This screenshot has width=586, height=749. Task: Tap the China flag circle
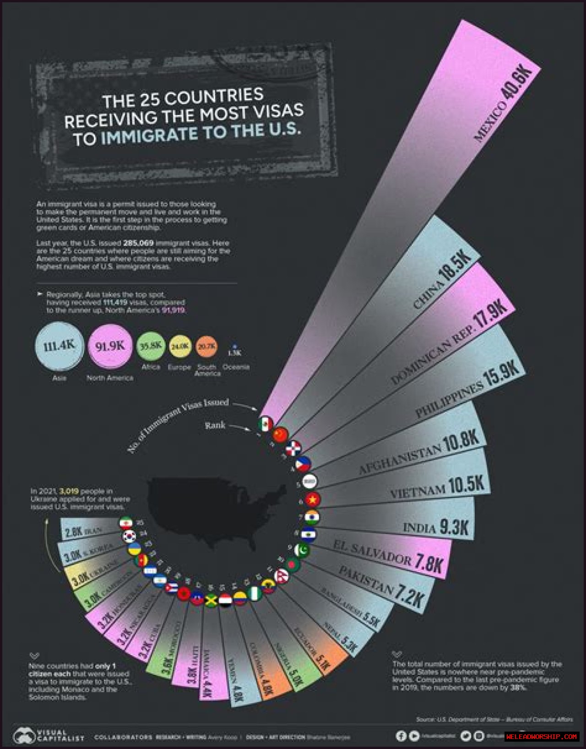coord(280,434)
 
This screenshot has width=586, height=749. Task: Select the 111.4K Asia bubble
coord(59,346)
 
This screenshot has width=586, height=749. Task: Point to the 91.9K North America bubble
coord(110,346)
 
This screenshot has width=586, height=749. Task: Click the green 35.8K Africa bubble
coord(151,346)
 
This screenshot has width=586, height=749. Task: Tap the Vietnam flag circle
coord(312,499)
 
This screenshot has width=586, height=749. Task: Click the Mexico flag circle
coord(265,424)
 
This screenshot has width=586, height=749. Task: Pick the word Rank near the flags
coord(215,425)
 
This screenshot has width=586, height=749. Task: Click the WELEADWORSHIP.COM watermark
coord(542,737)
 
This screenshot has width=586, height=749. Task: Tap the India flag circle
coord(312,517)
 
